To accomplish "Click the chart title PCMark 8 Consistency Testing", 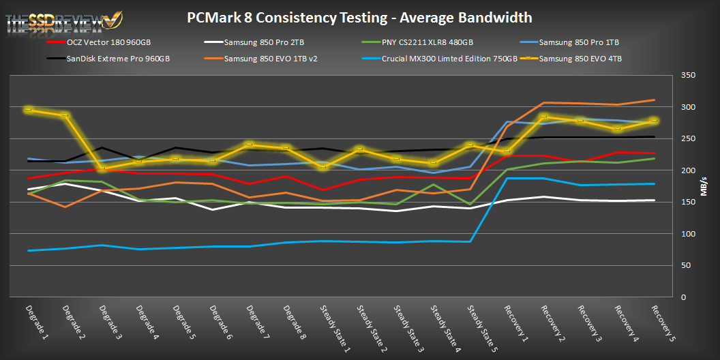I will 359,17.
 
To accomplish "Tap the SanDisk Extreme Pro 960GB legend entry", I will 117,59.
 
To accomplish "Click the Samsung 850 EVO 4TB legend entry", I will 580,59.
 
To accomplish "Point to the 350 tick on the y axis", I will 687,76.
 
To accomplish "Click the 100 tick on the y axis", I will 687,234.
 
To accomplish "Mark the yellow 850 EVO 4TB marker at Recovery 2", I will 543,117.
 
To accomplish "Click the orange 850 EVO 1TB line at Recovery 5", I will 654,100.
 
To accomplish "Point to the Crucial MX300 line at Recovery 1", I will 507,178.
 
